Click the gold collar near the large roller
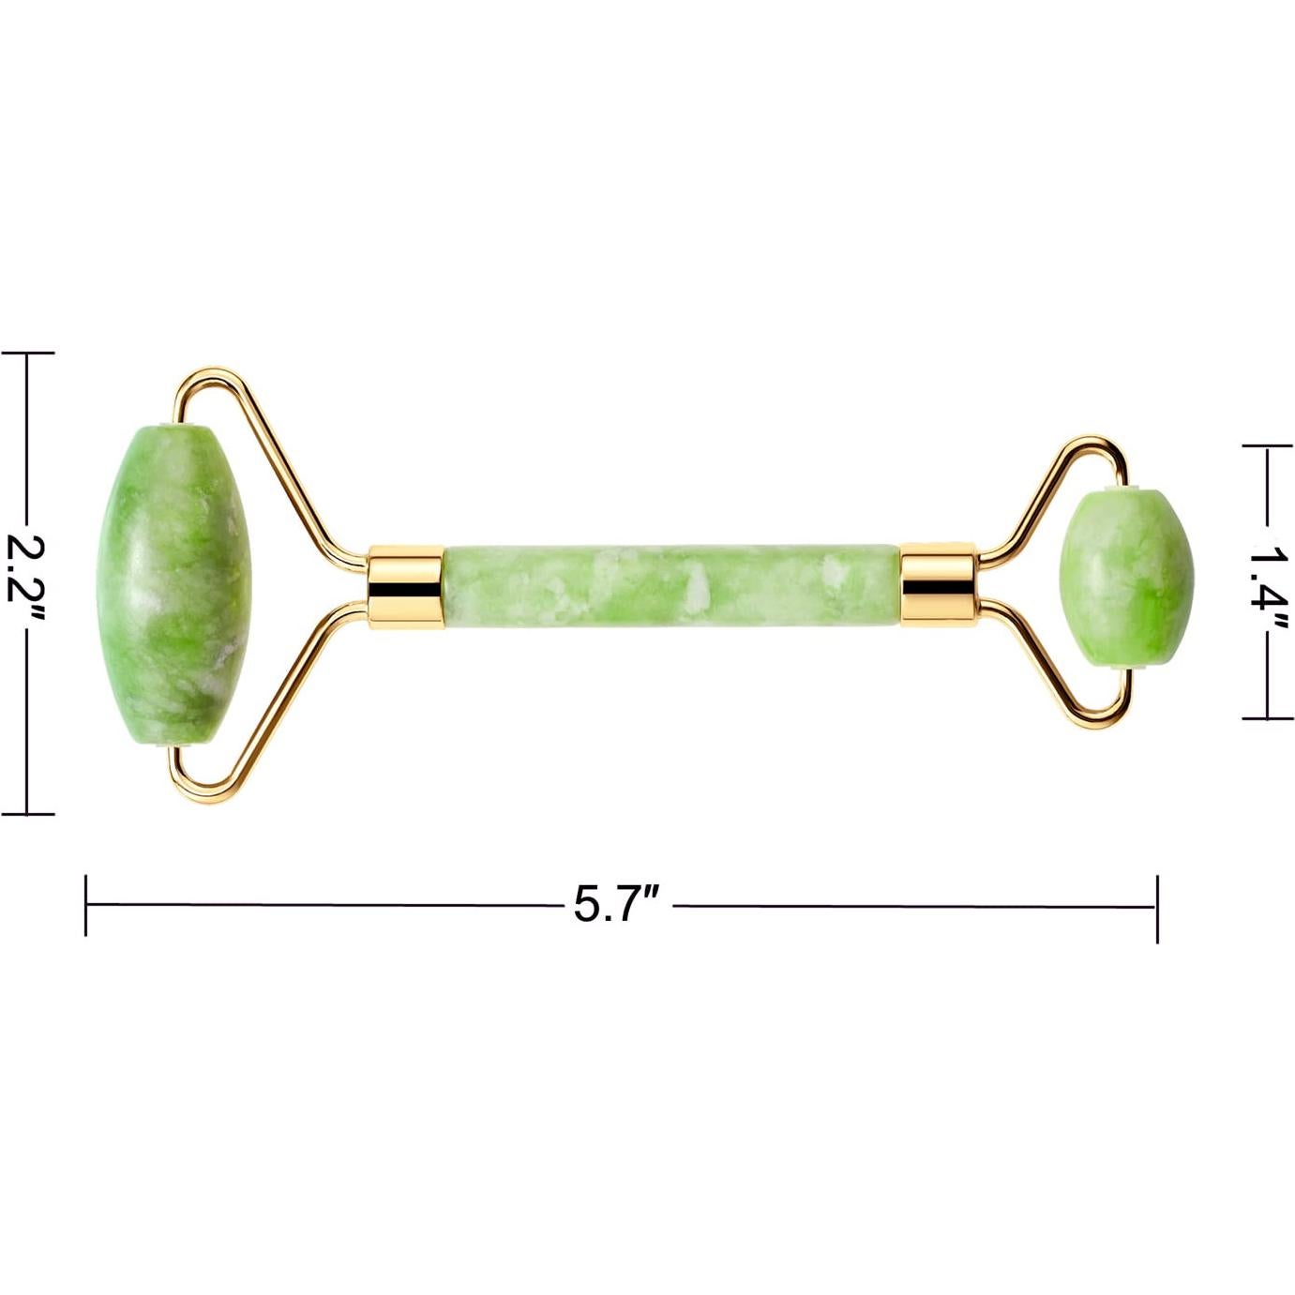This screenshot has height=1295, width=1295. click(404, 583)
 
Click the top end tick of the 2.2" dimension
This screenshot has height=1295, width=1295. click(28, 354)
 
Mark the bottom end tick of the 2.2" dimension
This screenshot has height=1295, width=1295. click(28, 813)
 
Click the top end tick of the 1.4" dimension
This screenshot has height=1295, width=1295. click(1270, 447)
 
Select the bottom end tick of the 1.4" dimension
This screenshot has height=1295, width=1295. click(1270, 718)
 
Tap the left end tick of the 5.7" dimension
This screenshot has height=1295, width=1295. click(86, 905)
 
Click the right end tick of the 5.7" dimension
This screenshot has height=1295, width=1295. click(1156, 908)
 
